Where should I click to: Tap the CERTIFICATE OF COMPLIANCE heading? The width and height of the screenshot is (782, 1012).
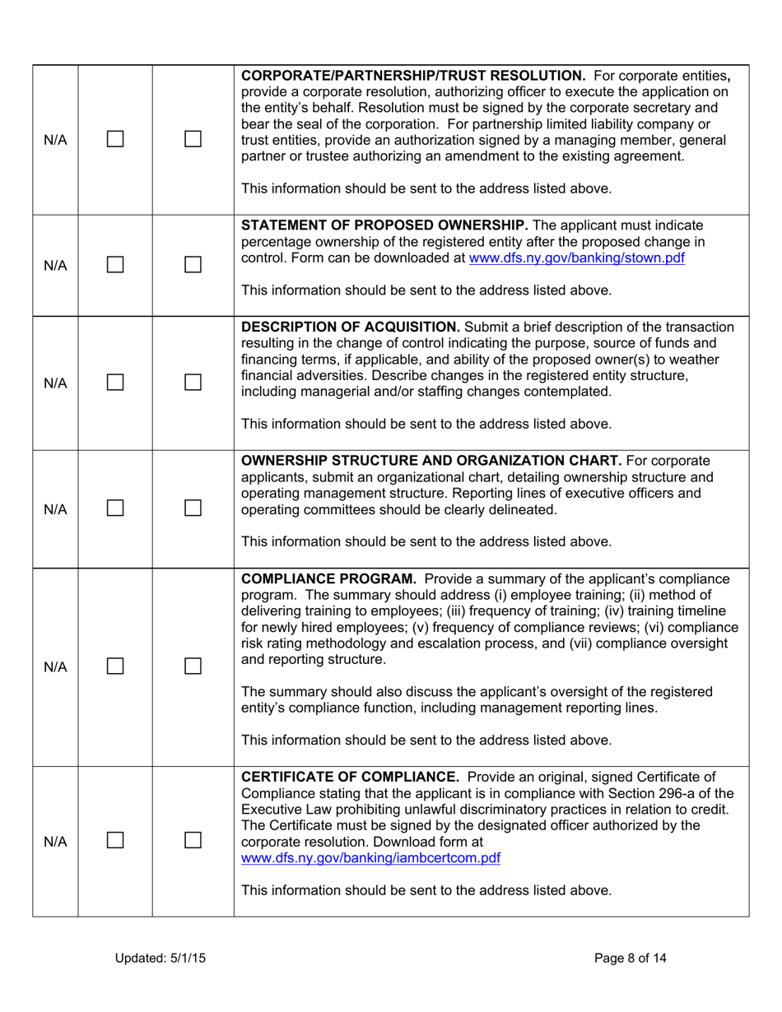(x=341, y=777)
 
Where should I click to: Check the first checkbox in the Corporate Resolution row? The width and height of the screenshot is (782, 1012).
(x=115, y=140)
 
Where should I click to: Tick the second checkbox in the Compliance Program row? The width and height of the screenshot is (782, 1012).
(x=193, y=666)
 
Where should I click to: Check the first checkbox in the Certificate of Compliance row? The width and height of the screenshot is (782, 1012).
(x=115, y=842)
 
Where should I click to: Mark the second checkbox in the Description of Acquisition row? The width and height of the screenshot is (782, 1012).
(x=193, y=383)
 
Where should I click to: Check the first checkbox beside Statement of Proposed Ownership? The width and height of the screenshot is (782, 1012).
(x=115, y=265)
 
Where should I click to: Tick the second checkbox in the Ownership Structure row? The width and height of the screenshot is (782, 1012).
(x=193, y=508)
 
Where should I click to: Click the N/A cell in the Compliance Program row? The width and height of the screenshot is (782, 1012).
(x=55, y=666)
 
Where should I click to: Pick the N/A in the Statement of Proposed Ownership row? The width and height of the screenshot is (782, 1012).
(x=55, y=265)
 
